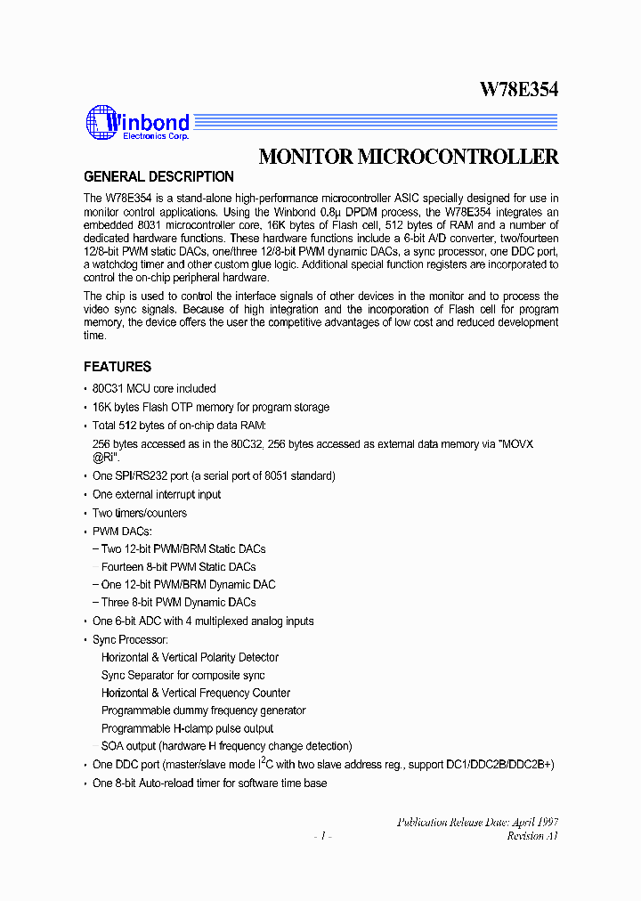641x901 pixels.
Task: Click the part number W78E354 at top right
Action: click(x=519, y=89)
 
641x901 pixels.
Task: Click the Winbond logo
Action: click(x=137, y=123)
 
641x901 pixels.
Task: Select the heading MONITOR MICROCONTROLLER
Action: click(x=408, y=157)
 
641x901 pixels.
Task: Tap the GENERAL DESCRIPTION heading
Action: click(x=158, y=176)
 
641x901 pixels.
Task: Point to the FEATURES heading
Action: click(x=118, y=366)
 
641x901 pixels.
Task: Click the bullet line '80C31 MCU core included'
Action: click(x=154, y=388)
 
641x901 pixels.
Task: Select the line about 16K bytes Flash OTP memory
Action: click(x=211, y=407)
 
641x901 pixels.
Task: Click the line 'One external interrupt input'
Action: click(x=157, y=494)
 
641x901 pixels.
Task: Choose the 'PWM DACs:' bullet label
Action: click(x=122, y=531)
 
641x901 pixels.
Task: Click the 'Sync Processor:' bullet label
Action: click(x=130, y=639)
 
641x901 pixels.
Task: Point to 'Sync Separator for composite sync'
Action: click(x=183, y=675)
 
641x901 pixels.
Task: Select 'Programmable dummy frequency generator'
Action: click(x=203, y=710)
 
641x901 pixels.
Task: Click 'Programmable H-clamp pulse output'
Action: click(x=187, y=728)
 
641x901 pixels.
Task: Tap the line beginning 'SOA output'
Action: click(x=226, y=746)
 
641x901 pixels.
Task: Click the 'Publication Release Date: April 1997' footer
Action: click(x=477, y=823)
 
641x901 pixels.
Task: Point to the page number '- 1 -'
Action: click(x=323, y=836)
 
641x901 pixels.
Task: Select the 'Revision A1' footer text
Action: click(x=532, y=836)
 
